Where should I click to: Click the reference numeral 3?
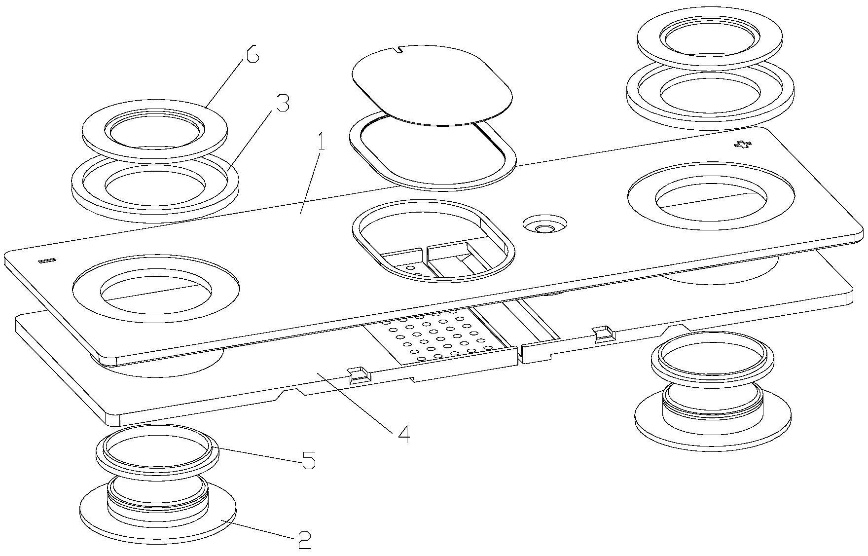coord(283,104)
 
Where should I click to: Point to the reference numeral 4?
coord(403,434)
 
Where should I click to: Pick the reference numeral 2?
coord(304,541)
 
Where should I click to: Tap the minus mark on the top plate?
coord(48,259)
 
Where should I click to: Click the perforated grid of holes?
coord(439,335)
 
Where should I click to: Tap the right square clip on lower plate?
coord(604,334)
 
